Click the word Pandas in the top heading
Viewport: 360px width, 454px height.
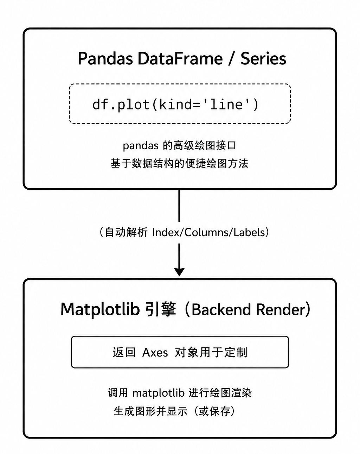coord(105,58)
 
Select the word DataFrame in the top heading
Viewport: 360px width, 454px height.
coord(180,58)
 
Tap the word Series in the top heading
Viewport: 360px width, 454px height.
coord(263,58)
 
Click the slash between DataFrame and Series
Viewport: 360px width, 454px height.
coord(231,58)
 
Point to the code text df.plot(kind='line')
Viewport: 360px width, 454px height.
coord(175,104)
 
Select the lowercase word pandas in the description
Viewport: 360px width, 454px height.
coord(140,146)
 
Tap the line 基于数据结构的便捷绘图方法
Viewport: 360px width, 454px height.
coord(180,164)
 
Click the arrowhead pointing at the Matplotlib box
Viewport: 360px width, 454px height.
coord(179,272)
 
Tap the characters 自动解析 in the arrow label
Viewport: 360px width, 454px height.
coord(126,232)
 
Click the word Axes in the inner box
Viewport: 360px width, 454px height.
coord(155,352)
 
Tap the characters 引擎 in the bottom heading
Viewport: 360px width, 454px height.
coord(161,309)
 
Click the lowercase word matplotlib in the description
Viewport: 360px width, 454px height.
coord(159,393)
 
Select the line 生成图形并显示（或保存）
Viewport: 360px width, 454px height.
coord(174,411)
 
